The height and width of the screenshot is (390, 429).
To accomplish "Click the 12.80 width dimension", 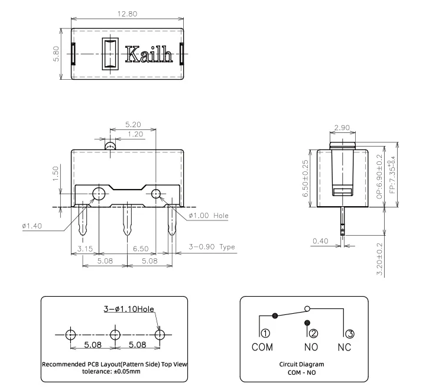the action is (127, 14).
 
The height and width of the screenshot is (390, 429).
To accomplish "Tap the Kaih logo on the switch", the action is (149, 54).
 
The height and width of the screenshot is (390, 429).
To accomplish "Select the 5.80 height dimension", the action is (56, 54).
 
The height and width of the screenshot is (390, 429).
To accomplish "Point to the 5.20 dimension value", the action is (133, 125).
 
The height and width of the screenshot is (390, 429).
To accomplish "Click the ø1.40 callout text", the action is (32, 226).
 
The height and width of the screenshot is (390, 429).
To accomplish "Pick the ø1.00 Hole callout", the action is (209, 216).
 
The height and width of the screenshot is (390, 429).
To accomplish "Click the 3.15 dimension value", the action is (85, 249).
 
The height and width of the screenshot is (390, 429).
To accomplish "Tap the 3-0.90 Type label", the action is (212, 247).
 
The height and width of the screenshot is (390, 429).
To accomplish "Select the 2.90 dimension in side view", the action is (342, 128).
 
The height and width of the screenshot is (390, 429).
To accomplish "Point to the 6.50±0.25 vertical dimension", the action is (305, 178).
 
